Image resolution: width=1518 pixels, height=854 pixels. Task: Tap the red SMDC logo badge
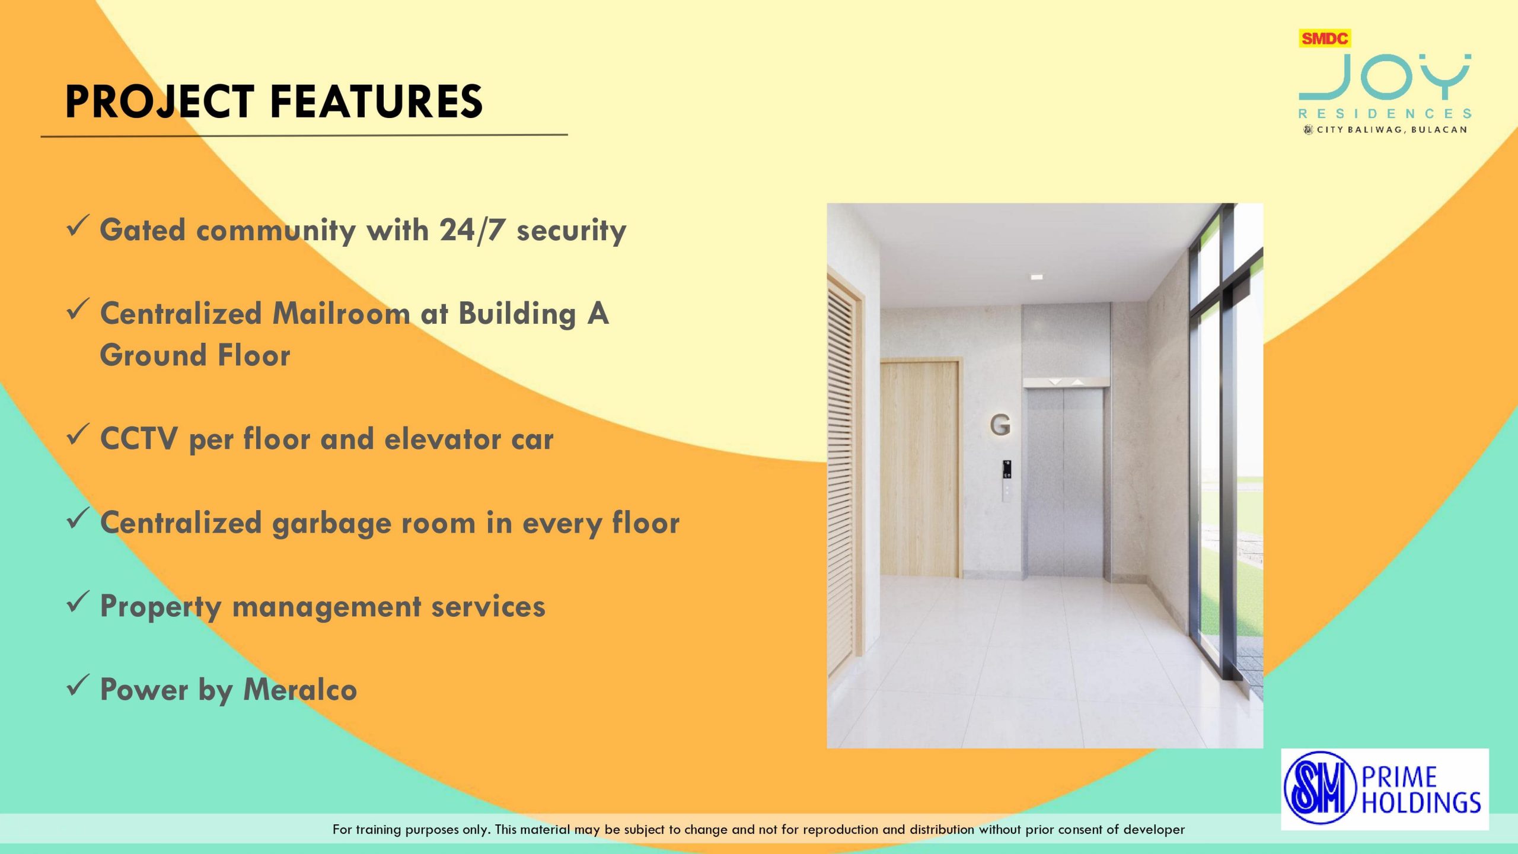click(1325, 39)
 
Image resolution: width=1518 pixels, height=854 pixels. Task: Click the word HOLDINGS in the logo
click(1421, 802)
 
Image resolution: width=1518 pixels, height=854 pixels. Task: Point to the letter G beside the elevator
click(1000, 425)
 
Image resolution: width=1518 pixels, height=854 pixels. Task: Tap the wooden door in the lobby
click(919, 468)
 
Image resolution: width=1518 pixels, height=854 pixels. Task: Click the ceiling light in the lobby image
click(1036, 277)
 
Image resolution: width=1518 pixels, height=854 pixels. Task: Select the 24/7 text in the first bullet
click(473, 230)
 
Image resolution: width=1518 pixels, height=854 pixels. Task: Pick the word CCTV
click(139, 439)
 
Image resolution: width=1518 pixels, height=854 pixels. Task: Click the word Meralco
click(300, 690)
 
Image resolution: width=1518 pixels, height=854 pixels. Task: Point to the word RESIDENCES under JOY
click(1385, 113)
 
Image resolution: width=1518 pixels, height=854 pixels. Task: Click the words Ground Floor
click(195, 355)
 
